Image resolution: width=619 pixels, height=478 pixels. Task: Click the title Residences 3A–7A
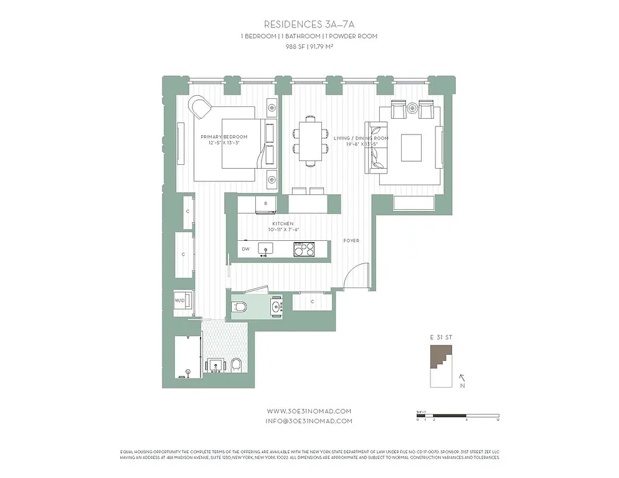tap(309, 24)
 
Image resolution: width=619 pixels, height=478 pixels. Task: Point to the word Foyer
tap(351, 240)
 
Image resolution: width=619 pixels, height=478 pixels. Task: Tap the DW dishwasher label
tap(245, 249)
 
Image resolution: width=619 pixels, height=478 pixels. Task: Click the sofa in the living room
tap(376, 147)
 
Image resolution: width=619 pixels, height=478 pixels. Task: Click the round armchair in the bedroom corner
tap(201, 107)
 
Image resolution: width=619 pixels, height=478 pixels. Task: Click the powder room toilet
tap(240, 306)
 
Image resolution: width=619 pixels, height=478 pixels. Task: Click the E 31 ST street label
tap(441, 337)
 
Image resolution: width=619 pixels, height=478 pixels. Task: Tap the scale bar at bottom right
tap(457, 415)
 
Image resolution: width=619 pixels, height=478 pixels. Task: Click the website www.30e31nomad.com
tap(309, 411)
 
